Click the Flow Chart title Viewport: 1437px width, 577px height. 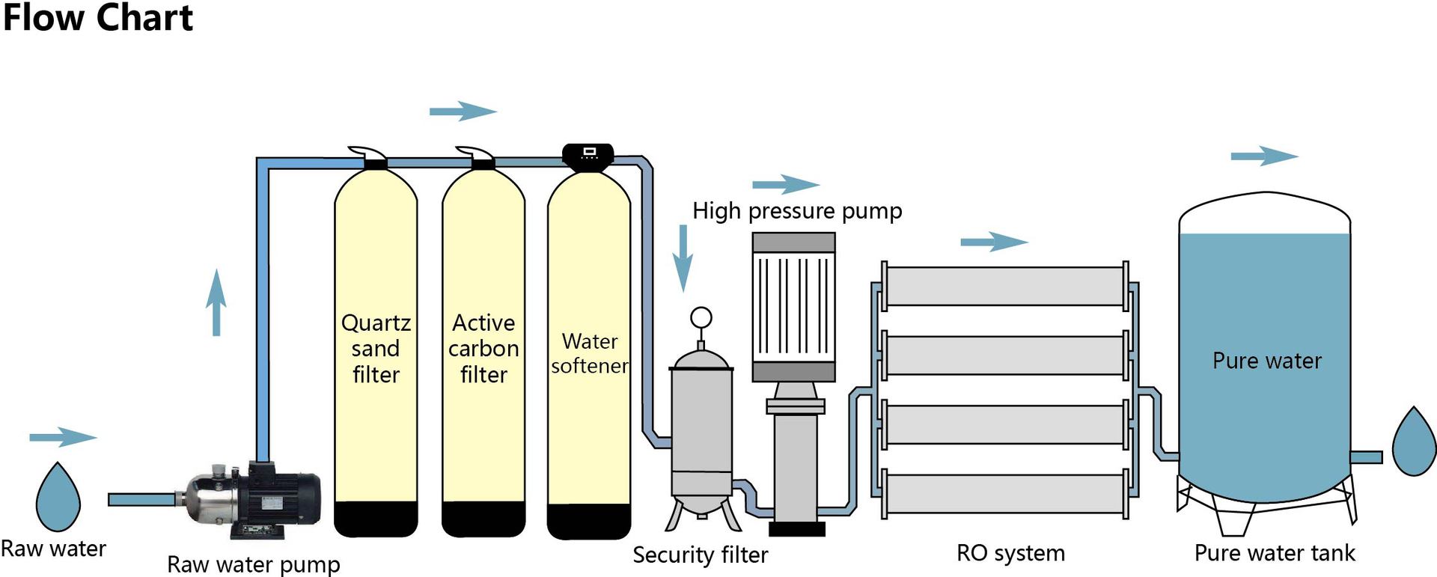click(98, 18)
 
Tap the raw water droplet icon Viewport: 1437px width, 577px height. click(58, 498)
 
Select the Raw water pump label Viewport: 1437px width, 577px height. click(253, 564)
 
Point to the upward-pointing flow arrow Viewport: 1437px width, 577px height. click(216, 302)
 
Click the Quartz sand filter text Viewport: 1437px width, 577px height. click(376, 348)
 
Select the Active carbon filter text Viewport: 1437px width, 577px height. click(483, 348)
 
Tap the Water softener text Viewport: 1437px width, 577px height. click(590, 353)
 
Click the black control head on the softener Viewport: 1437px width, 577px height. click(588, 155)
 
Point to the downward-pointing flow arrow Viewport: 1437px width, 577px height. click(683, 258)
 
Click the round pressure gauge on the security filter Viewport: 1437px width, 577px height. click(701, 318)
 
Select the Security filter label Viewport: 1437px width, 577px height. click(700, 555)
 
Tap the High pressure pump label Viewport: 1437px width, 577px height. click(797, 211)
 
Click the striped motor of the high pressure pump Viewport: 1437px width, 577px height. click(793, 307)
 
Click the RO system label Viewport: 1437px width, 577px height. click(1010, 553)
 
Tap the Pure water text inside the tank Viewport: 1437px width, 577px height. click(1266, 361)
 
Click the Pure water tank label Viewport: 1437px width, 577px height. click(1274, 553)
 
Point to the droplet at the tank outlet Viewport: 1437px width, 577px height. click(1413, 443)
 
